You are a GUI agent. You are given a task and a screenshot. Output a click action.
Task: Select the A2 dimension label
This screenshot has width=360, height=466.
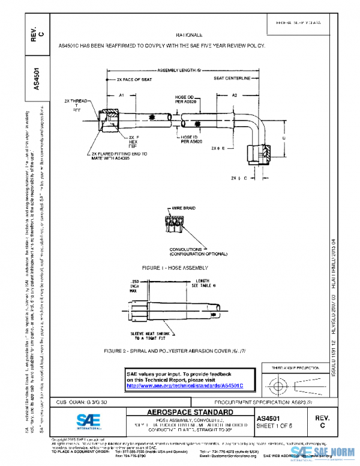(235, 95)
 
